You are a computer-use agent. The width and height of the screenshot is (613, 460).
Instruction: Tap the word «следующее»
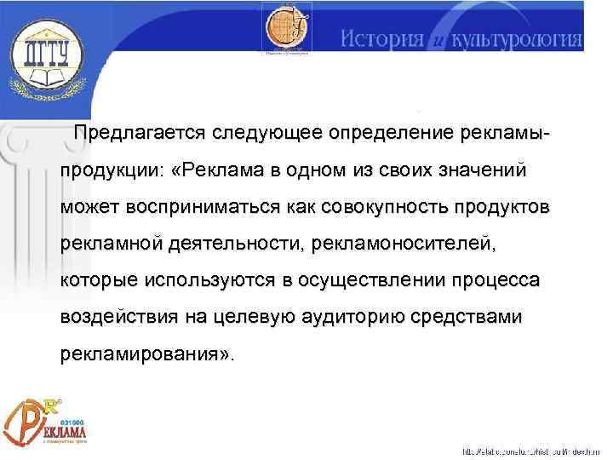tap(264, 135)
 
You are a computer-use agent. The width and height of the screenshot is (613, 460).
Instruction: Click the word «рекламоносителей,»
tap(404, 244)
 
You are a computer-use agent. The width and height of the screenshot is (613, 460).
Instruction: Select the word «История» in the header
tap(383, 37)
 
